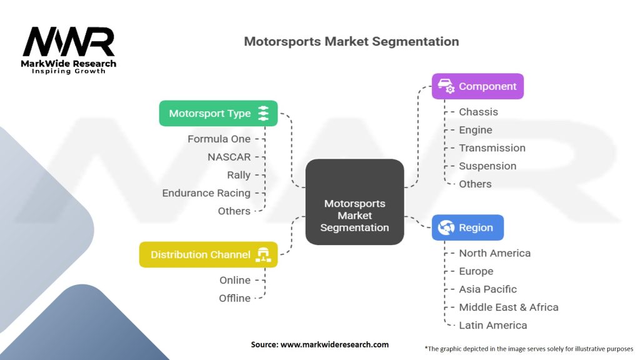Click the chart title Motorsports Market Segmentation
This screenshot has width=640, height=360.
[x=351, y=42]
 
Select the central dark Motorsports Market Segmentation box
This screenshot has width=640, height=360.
[x=354, y=201]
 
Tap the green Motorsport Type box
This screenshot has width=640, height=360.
[x=218, y=113]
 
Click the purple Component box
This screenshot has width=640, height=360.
[x=477, y=86]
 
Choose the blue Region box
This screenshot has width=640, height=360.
[x=467, y=227]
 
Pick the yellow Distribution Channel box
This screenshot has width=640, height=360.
[x=208, y=254]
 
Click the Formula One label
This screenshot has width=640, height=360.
[x=219, y=139]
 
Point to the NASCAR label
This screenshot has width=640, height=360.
[x=229, y=157]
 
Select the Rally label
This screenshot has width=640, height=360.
[x=239, y=175]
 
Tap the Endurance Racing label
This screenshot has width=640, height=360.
[x=206, y=193]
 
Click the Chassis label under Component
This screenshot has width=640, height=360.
[x=478, y=112]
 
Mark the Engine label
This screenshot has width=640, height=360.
[x=476, y=130]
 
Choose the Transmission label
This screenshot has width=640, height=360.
[x=492, y=148]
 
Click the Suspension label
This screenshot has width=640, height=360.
[x=487, y=166]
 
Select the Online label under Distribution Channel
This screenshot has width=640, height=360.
[x=234, y=280]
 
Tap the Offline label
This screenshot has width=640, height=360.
[x=234, y=298]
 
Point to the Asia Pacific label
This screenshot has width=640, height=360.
[x=487, y=289]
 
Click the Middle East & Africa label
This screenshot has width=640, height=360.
[x=508, y=307]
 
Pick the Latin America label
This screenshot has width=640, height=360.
[x=492, y=325]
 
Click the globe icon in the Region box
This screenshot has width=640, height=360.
[x=447, y=227]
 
